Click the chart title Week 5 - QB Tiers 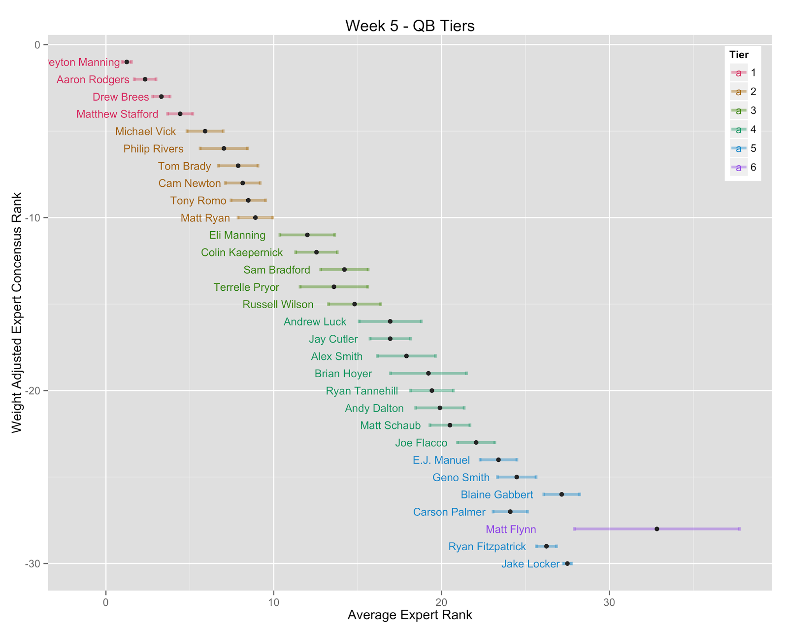[410, 26]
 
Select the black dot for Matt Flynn [657, 529]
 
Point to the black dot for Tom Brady [238, 166]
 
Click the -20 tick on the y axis [34, 391]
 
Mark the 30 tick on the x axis [609, 603]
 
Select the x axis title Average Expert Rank [410, 615]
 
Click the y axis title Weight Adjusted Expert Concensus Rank [17, 313]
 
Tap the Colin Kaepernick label [242, 253]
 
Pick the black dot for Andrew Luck [390, 321]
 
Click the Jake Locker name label [530, 564]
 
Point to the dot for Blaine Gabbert [561, 494]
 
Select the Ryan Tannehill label [362, 391]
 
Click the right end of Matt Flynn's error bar [739, 529]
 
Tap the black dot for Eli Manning [307, 235]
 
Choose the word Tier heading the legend [739, 55]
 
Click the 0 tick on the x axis [106, 603]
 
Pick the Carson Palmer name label [449, 512]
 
